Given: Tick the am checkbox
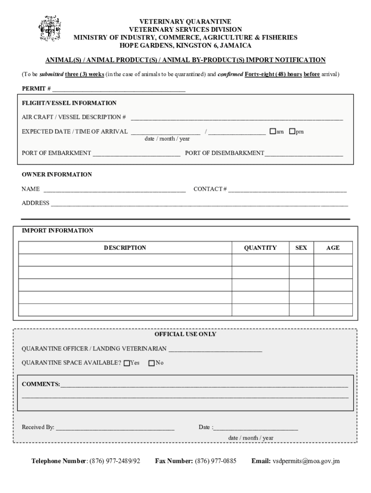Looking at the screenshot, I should (273, 131).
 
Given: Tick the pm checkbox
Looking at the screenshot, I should (291, 131).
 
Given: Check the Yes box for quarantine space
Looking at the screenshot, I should (127, 363).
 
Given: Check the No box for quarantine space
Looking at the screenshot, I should (152, 363).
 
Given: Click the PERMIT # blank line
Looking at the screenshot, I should (119, 89).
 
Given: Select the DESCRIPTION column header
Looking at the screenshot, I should (125, 248).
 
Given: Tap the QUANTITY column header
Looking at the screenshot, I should (260, 248).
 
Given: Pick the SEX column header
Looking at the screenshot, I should (301, 248).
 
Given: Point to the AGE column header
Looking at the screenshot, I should (333, 248).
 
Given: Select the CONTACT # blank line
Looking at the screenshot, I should (287, 190).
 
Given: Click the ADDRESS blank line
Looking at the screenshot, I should (199, 204).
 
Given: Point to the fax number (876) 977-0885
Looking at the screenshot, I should (215, 461).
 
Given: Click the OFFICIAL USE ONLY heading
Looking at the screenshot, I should (185, 334).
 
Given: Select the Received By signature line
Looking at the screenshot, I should (115, 428).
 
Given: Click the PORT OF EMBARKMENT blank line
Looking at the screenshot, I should (136, 154).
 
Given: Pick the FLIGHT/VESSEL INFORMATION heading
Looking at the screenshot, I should (69, 103).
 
